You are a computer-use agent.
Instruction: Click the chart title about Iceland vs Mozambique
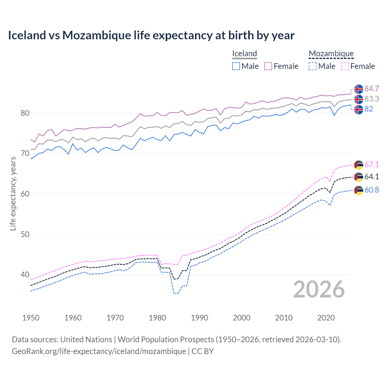[151, 35]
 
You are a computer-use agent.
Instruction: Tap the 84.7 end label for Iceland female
[372, 89]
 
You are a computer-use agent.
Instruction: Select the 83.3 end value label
[372, 99]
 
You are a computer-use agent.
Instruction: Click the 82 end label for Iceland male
[369, 109]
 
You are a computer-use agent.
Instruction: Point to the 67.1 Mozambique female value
[372, 164]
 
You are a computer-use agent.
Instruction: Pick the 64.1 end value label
[372, 177]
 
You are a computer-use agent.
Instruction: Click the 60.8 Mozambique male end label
[372, 190]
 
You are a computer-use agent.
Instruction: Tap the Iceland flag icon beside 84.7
[359, 89]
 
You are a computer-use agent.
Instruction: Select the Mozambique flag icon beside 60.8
[359, 190]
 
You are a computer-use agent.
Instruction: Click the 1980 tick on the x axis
[157, 318]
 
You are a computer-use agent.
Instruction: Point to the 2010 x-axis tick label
[284, 318]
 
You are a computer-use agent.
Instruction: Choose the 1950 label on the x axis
[31, 318]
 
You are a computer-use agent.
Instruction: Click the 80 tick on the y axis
[25, 113]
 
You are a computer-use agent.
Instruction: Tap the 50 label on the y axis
[25, 234]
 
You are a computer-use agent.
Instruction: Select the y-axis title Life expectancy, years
[13, 193]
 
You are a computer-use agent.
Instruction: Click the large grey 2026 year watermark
[319, 289]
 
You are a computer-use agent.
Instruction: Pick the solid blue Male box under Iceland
[236, 66]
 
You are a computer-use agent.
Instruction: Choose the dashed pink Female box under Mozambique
[345, 66]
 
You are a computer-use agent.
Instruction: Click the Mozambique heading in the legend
[331, 54]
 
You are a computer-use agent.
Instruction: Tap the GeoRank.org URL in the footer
[99, 351]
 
